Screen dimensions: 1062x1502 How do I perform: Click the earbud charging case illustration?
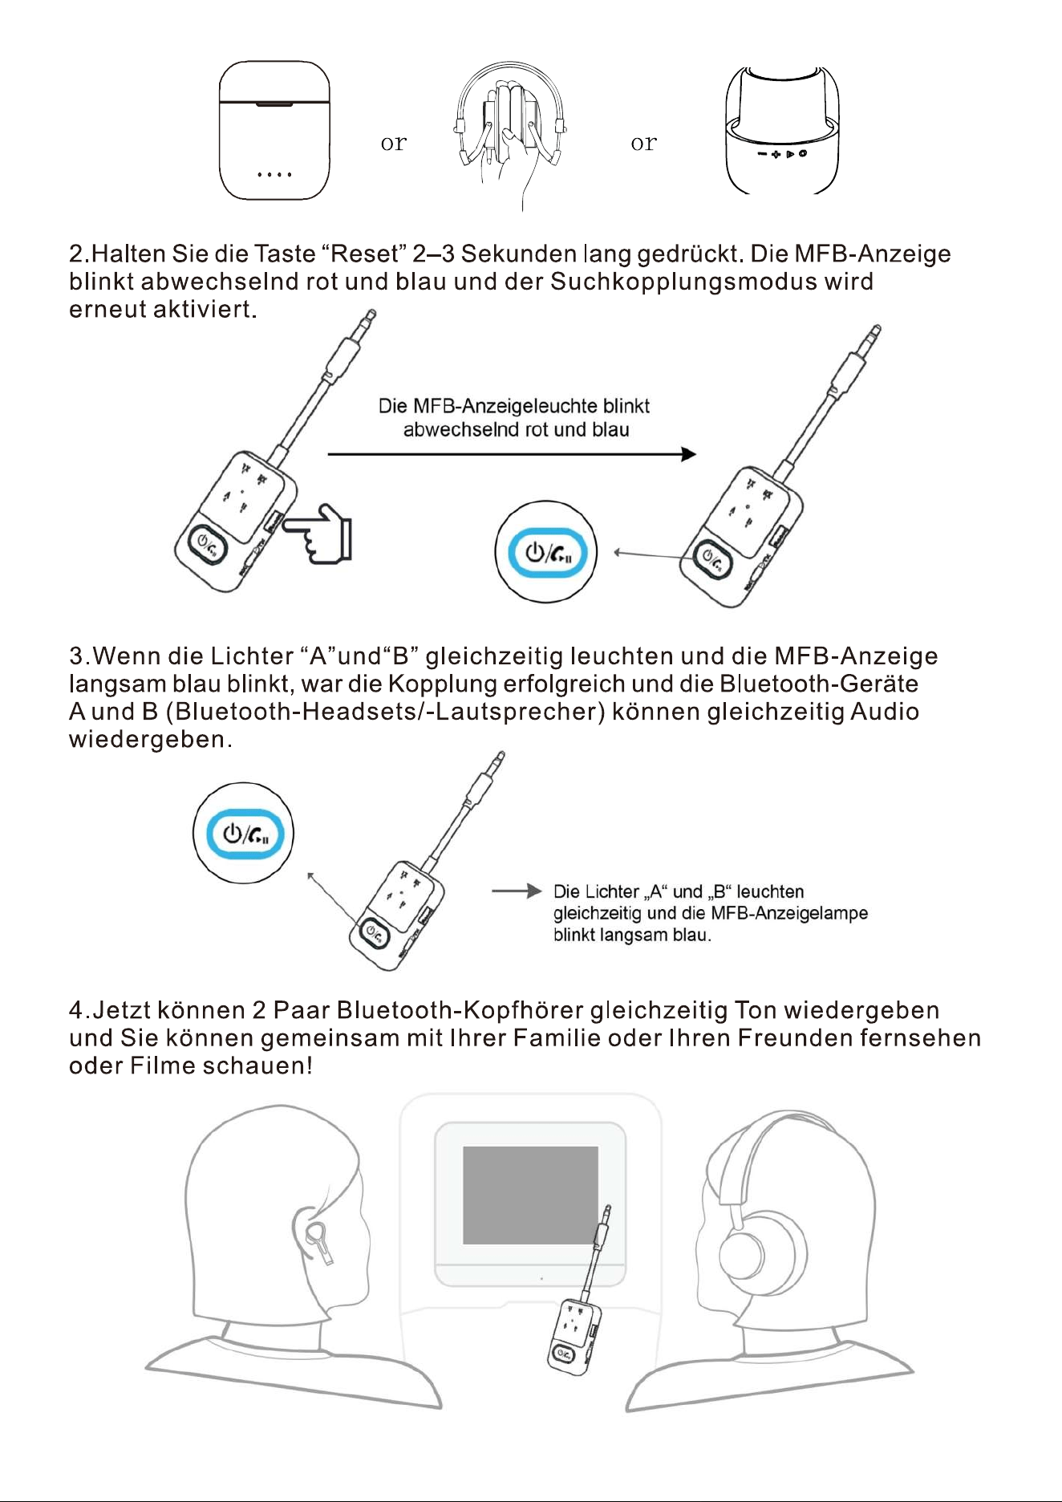pos(274,130)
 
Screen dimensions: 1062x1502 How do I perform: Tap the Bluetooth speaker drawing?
pos(782,130)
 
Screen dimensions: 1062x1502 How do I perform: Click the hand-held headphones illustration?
pos(511,132)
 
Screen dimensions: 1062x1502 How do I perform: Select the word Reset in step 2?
pos(365,254)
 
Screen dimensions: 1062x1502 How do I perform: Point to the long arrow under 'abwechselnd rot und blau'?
pos(512,454)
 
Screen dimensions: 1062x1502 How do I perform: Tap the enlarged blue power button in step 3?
pos(244,834)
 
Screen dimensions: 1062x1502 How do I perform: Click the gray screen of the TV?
pos(530,1195)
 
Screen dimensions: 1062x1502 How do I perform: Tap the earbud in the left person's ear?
pos(315,1240)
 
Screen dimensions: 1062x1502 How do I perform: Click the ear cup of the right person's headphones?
pos(747,1253)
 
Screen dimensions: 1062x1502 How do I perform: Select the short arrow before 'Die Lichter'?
pos(517,891)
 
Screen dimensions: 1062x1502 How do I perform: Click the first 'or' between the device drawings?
pos(394,144)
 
